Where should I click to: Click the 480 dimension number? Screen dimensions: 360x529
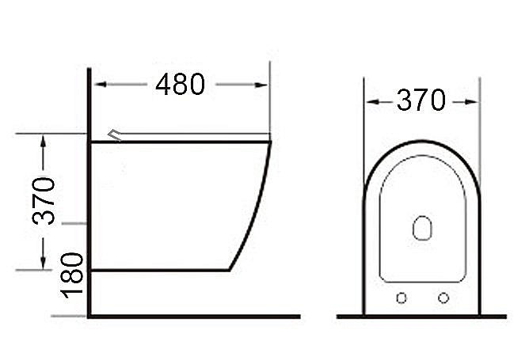(180, 84)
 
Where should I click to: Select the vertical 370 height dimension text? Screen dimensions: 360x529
(45, 201)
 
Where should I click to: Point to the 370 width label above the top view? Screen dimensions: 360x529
(421, 100)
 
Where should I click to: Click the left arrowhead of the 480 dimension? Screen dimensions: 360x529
(101, 85)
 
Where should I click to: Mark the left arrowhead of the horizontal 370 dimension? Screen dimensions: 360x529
(370, 101)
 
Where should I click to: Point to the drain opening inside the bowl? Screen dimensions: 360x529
(422, 229)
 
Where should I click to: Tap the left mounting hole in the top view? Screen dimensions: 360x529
(401, 297)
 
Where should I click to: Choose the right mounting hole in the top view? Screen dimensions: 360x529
(443, 297)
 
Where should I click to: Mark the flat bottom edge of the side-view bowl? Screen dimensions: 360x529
(158, 270)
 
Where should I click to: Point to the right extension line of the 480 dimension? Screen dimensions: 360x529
(270, 103)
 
